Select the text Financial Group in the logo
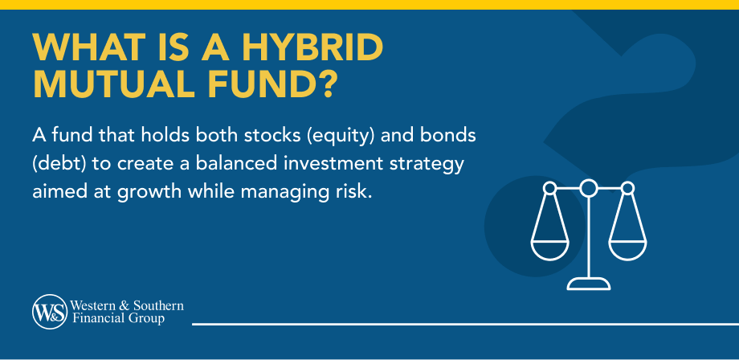pos(117,319)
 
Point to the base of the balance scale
pos(589,283)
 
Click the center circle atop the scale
pos(589,188)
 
